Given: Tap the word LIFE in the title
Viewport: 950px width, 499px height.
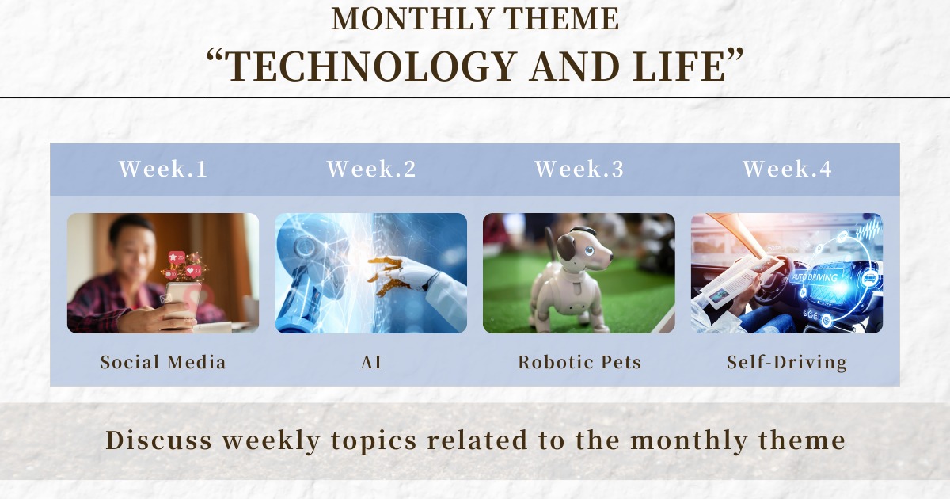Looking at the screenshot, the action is [x=679, y=67].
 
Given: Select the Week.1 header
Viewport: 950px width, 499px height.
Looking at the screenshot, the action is [x=163, y=169].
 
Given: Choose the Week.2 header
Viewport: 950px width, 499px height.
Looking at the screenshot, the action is [x=371, y=169].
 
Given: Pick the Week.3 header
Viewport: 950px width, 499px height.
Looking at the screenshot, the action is [x=579, y=169].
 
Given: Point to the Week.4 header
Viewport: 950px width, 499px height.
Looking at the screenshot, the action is [x=787, y=169].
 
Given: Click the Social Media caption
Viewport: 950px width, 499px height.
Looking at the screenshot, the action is [x=163, y=363].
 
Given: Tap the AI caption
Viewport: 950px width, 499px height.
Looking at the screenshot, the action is [x=371, y=363].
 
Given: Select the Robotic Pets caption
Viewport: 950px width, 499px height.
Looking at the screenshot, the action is [x=579, y=363].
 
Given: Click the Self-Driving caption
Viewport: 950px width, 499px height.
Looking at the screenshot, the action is [x=787, y=363].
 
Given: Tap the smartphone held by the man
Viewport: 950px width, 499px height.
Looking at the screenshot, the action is [x=181, y=302].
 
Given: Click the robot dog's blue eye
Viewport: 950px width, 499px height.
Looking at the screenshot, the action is [x=590, y=250].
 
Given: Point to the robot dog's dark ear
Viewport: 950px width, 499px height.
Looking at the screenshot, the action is [x=565, y=247].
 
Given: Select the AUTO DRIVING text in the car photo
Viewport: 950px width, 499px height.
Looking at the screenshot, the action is [x=815, y=277].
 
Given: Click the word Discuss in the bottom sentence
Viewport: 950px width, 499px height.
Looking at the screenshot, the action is [x=158, y=440].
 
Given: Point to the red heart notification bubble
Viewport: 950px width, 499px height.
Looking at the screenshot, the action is [x=193, y=271].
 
